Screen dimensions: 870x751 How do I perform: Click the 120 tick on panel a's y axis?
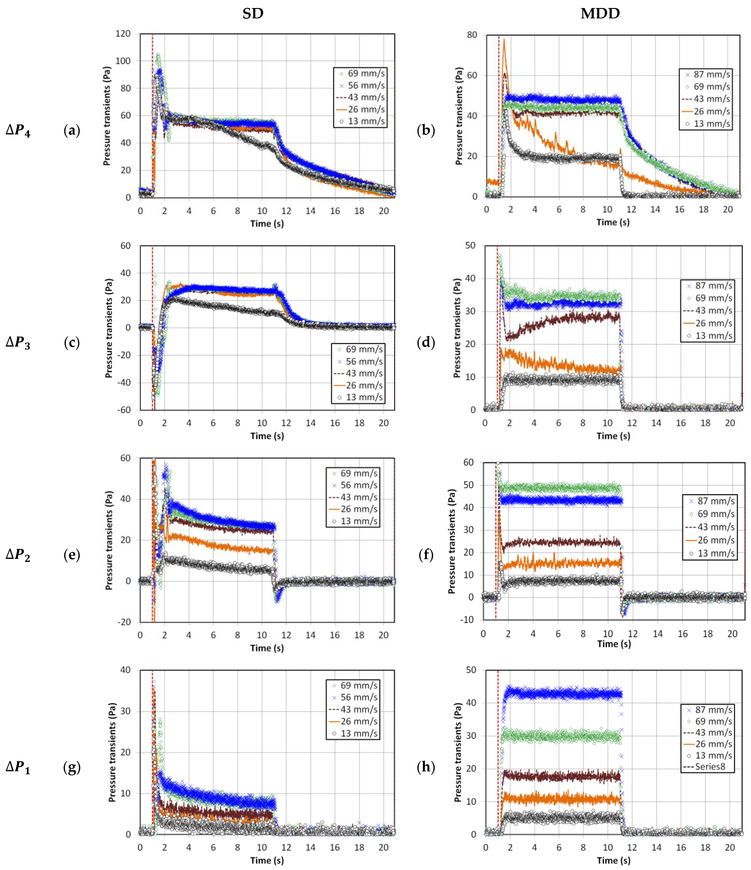pyautogui.click(x=123, y=34)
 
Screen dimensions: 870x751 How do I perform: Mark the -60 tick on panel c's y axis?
pyautogui.click(x=124, y=410)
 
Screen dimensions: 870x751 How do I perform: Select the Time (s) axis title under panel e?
pyautogui.click(x=267, y=648)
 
